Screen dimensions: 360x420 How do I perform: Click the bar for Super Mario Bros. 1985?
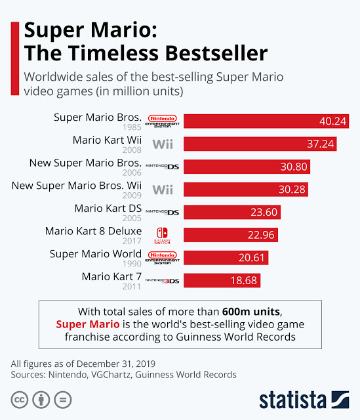266,121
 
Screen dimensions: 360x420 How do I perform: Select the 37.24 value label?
320,144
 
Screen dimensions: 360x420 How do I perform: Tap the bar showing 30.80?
247,167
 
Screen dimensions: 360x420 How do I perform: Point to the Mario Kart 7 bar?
222,280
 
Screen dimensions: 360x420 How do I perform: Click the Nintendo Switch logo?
162,236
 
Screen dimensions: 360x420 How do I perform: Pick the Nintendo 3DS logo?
162,281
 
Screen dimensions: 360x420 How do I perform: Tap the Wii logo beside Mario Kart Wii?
163,144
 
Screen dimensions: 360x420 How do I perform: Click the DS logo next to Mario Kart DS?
162,212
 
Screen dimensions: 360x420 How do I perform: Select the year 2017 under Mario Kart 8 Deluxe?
132,241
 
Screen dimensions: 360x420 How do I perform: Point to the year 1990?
132,264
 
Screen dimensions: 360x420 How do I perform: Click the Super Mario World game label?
96,254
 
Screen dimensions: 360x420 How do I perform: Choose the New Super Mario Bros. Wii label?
77,186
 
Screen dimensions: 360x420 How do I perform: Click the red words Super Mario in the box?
88,324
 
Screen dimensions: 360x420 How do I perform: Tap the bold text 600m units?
251,312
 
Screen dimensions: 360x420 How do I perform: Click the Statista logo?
304,400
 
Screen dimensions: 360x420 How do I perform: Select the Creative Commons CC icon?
20,400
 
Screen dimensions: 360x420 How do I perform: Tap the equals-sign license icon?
63,400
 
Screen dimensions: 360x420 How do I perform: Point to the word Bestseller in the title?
216,53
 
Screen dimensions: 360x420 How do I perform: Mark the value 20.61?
251,258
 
